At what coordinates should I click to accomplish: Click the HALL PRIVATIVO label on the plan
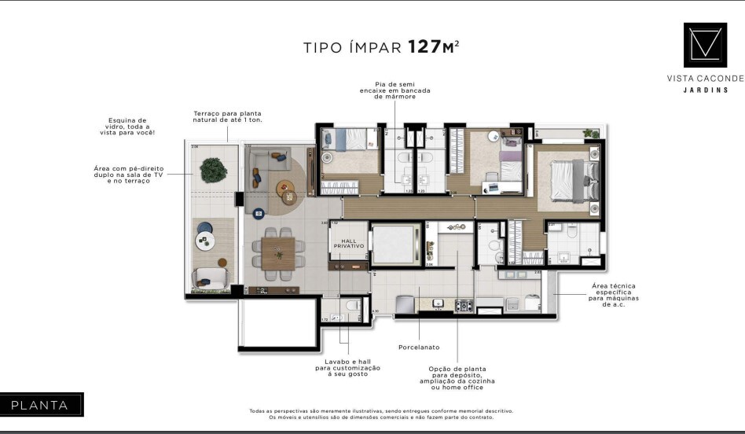(349, 243)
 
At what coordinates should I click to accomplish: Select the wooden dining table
(277, 252)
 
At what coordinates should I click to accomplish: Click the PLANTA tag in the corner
(40, 405)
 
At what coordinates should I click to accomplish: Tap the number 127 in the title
(424, 47)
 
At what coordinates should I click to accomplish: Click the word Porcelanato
(418, 347)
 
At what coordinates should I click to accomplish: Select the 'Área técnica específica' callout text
(611, 295)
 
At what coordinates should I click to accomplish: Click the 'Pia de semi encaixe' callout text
(395, 90)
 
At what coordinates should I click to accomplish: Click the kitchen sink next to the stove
(437, 303)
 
